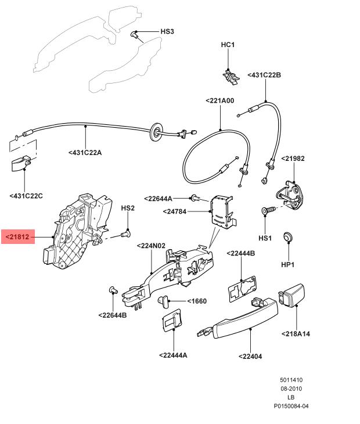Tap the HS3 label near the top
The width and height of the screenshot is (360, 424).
(167, 31)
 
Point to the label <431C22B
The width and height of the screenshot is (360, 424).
(264, 75)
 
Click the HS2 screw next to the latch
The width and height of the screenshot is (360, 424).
(125, 235)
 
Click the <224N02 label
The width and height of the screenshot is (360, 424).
(151, 246)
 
